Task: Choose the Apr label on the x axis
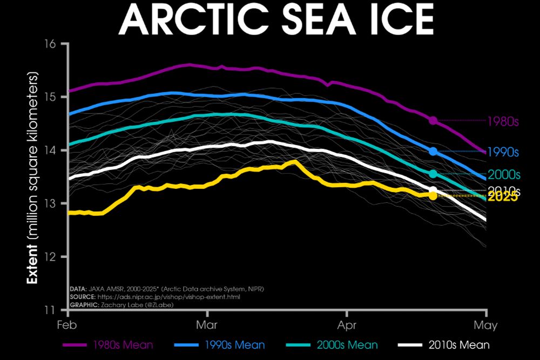pos(346,325)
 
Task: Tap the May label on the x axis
pos(487,325)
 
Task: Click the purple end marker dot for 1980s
pos(433,120)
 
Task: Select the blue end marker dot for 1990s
pos(433,152)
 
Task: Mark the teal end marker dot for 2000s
pos(433,174)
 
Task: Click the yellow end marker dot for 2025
pos(433,195)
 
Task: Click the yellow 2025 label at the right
pos(503,198)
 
